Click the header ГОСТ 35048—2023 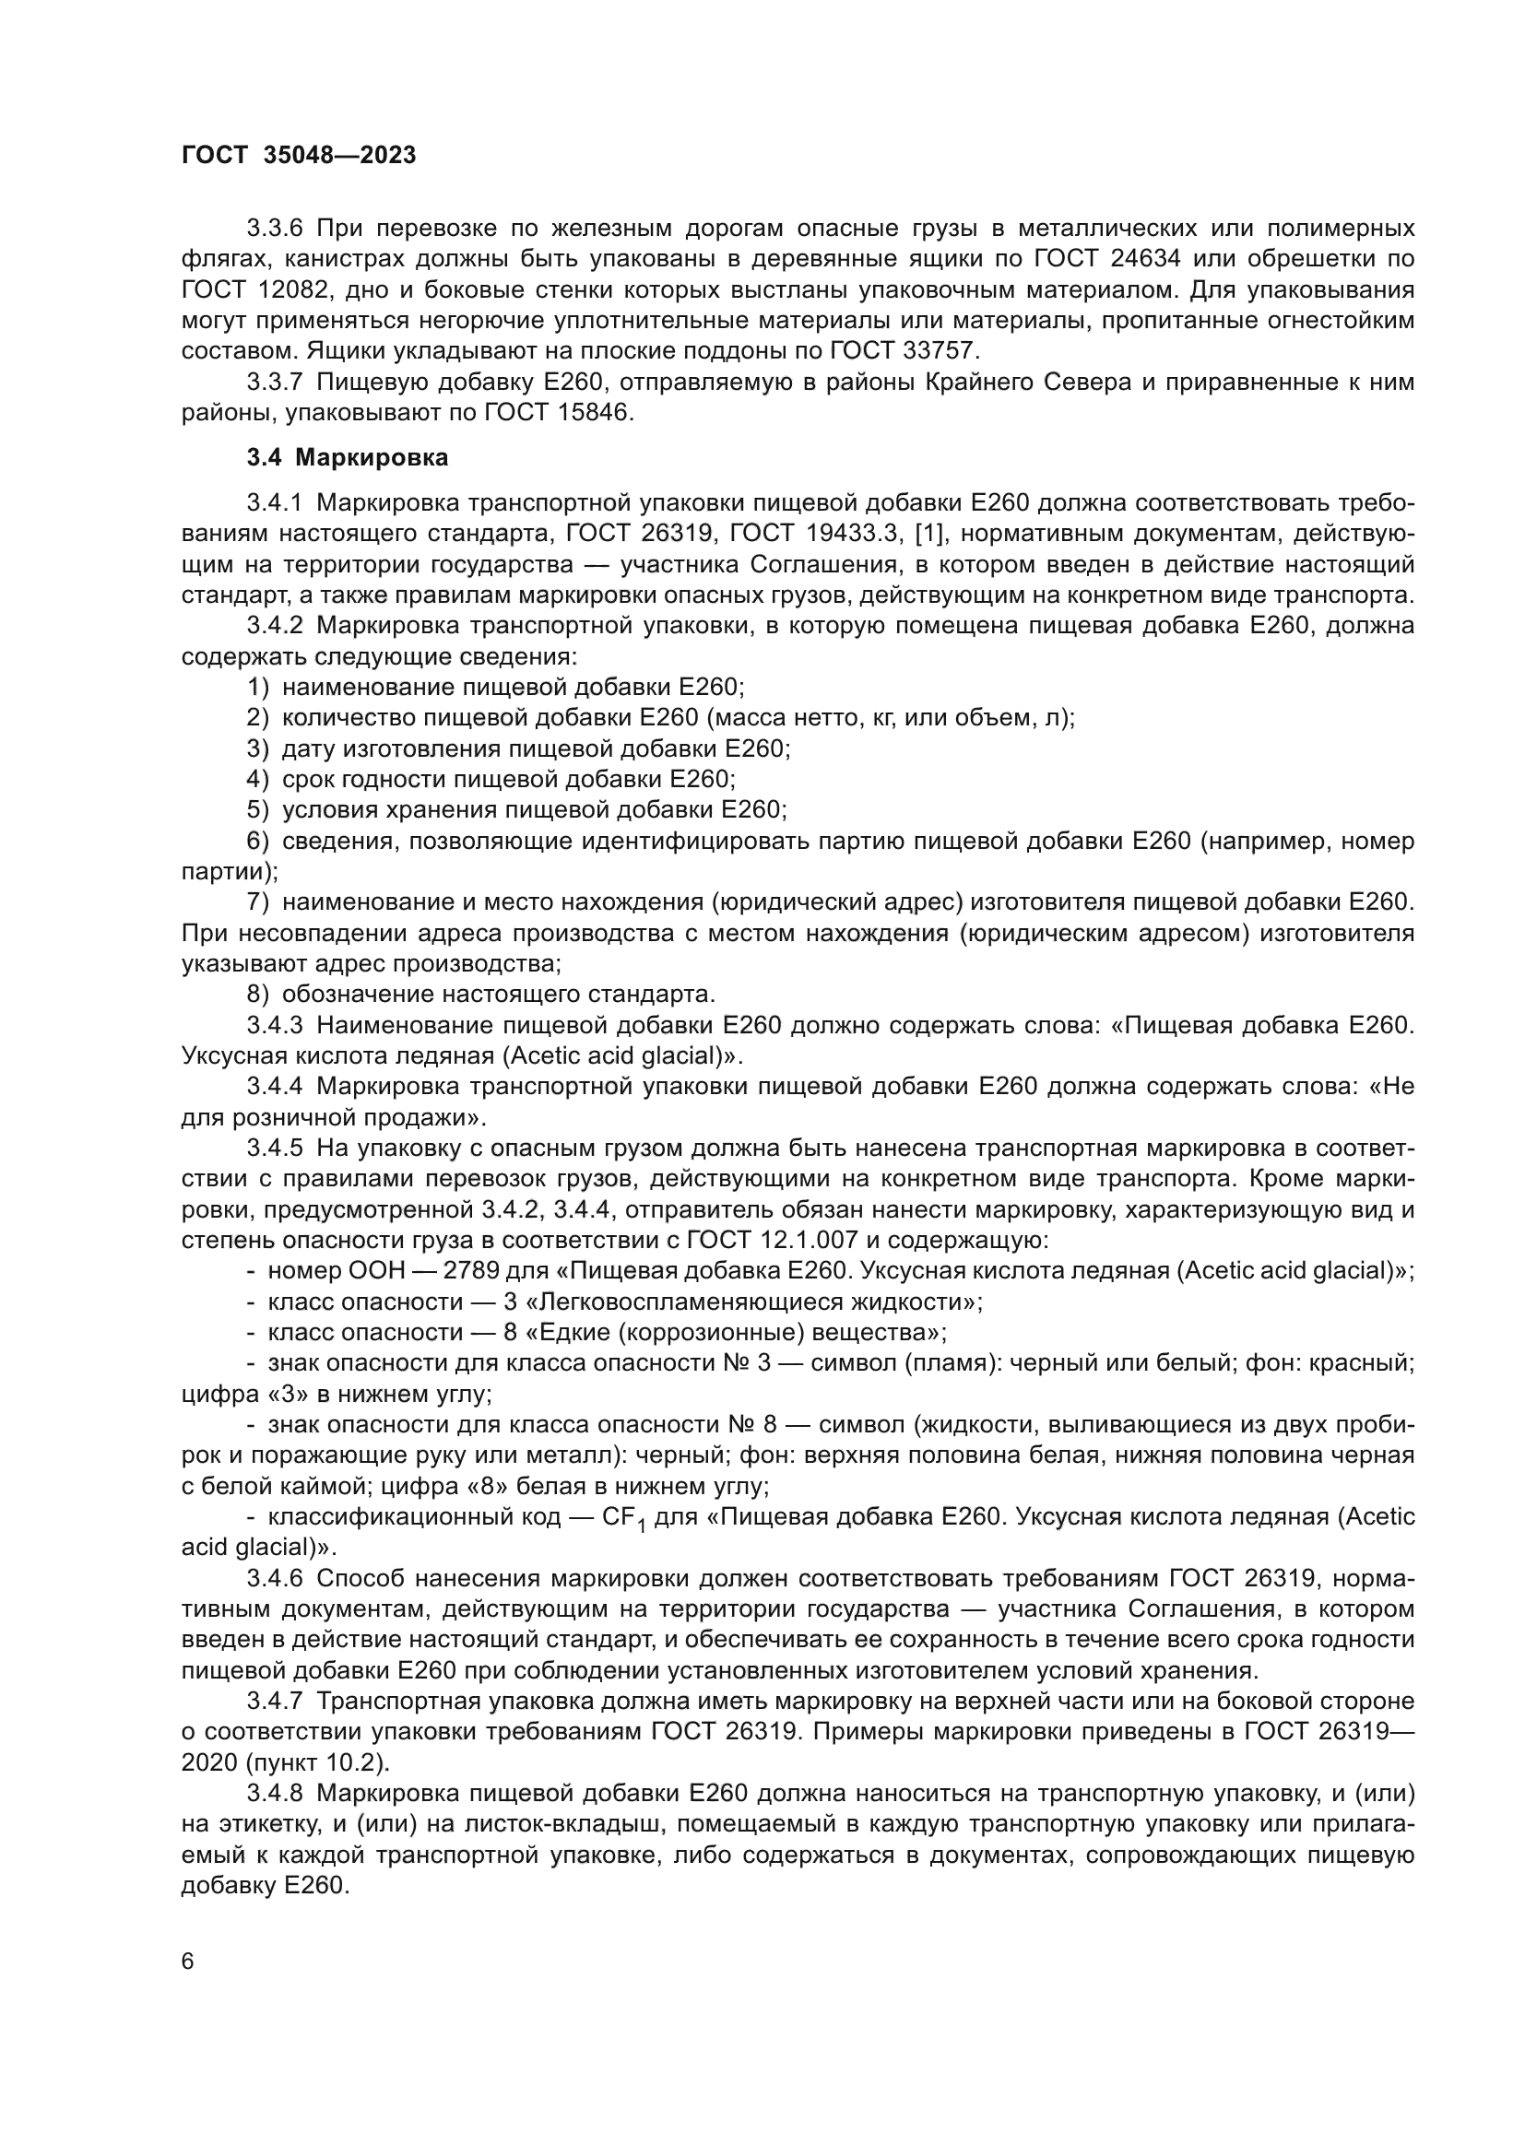tap(298, 156)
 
